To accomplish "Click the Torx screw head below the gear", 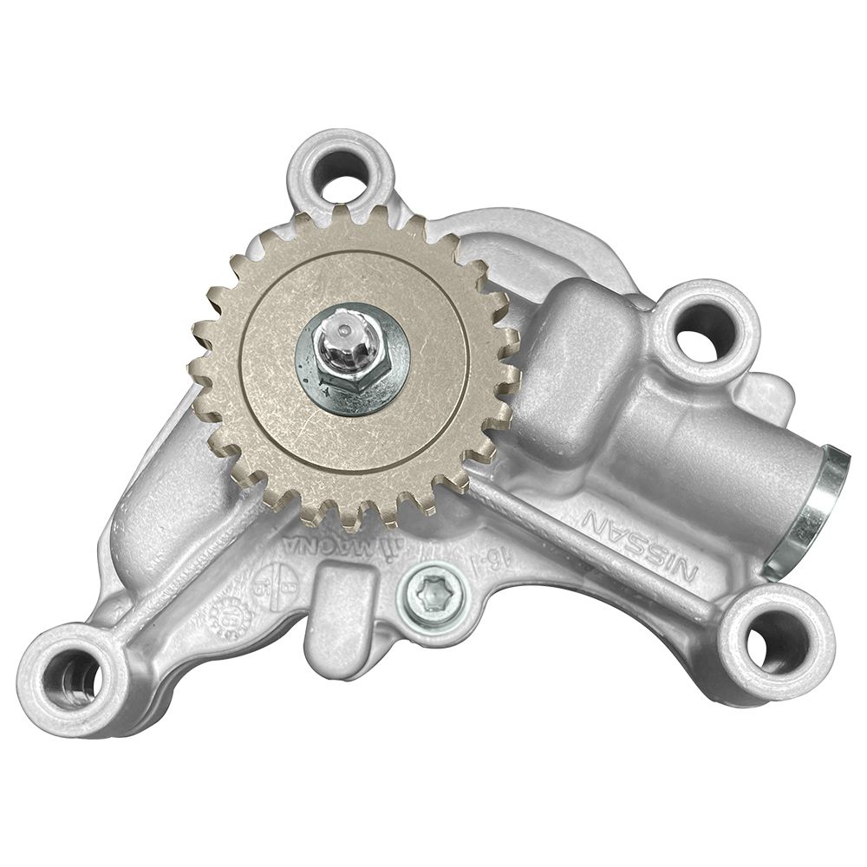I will click(430, 594).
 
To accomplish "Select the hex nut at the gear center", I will click(347, 364).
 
